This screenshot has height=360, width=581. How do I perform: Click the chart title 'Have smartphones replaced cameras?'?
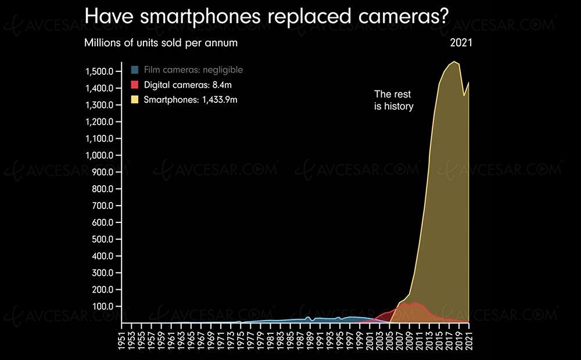(266, 16)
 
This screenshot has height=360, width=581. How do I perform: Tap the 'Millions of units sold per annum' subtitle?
(161, 43)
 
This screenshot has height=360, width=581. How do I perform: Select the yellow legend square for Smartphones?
(135, 99)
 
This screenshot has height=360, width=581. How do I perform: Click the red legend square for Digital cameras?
(135, 84)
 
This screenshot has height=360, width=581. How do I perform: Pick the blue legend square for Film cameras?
(135, 70)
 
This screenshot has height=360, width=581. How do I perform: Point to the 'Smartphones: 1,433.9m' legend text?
(191, 99)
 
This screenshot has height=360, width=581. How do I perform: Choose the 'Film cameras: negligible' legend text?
(193, 70)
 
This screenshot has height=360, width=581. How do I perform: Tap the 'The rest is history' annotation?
(393, 100)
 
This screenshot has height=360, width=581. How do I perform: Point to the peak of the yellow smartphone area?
(454, 62)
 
